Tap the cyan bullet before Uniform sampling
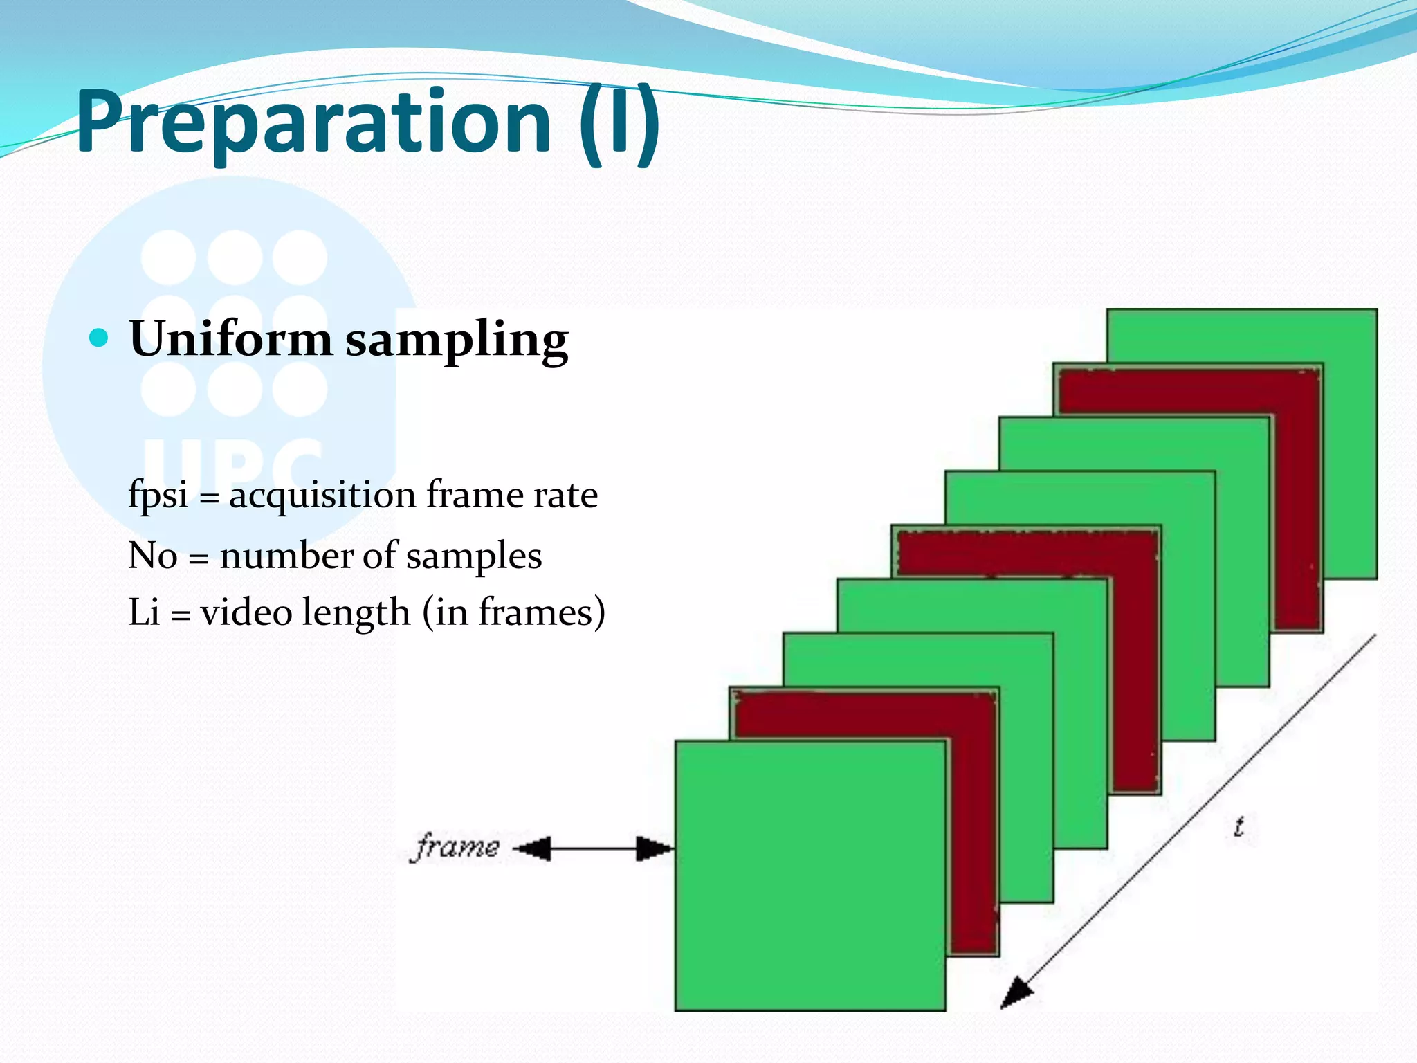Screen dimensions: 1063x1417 click(x=100, y=338)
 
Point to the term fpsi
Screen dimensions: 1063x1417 click(x=158, y=495)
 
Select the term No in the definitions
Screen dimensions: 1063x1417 click(x=152, y=556)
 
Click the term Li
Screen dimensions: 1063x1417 click(x=144, y=612)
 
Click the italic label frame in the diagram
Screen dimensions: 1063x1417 click(x=455, y=846)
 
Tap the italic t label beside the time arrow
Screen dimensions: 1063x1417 click(x=1238, y=827)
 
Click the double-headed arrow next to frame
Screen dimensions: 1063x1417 click(x=594, y=848)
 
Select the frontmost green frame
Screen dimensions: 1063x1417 click(x=810, y=875)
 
